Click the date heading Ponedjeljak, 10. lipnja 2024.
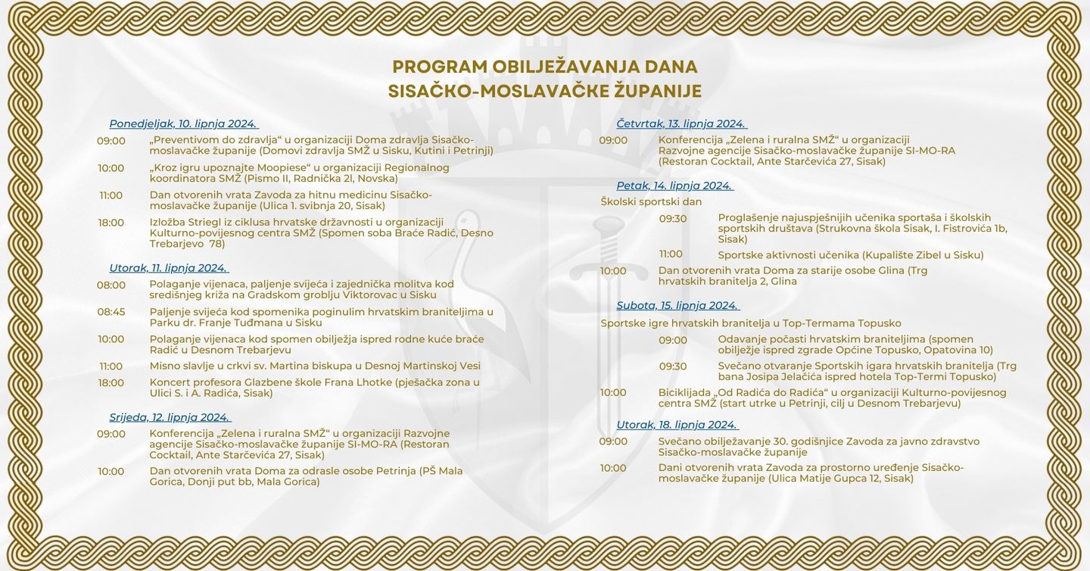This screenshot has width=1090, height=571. coord(183,123)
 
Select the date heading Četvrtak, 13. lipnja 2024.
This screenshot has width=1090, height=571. coord(681,123)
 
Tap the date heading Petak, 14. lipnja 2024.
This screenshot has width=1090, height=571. coord(674,186)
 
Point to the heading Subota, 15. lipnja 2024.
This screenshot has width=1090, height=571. coord(677,305)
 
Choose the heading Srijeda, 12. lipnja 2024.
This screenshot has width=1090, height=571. coord(169,417)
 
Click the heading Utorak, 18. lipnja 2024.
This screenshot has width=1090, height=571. coord(677,425)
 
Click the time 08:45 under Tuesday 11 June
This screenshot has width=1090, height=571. coord(111,312)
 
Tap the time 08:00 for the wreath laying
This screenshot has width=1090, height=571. coord(111,285)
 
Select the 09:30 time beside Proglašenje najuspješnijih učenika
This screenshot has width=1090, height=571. coord(673,218)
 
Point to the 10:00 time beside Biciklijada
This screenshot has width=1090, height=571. coord(613,392)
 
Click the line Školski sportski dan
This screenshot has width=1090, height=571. coord(651,201)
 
